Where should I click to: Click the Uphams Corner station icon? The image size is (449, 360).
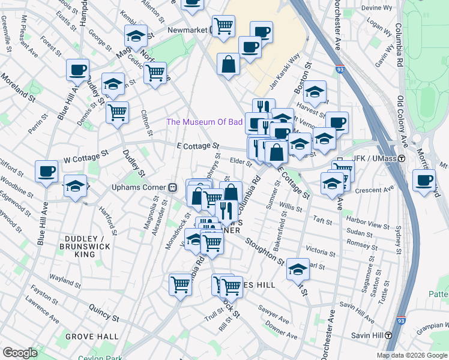point(172,187)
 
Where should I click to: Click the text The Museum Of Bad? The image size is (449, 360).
point(204,122)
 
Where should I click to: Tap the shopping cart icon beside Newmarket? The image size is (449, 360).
point(223,26)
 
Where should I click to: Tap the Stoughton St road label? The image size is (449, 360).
point(265,251)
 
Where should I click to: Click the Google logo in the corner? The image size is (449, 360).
point(20,353)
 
